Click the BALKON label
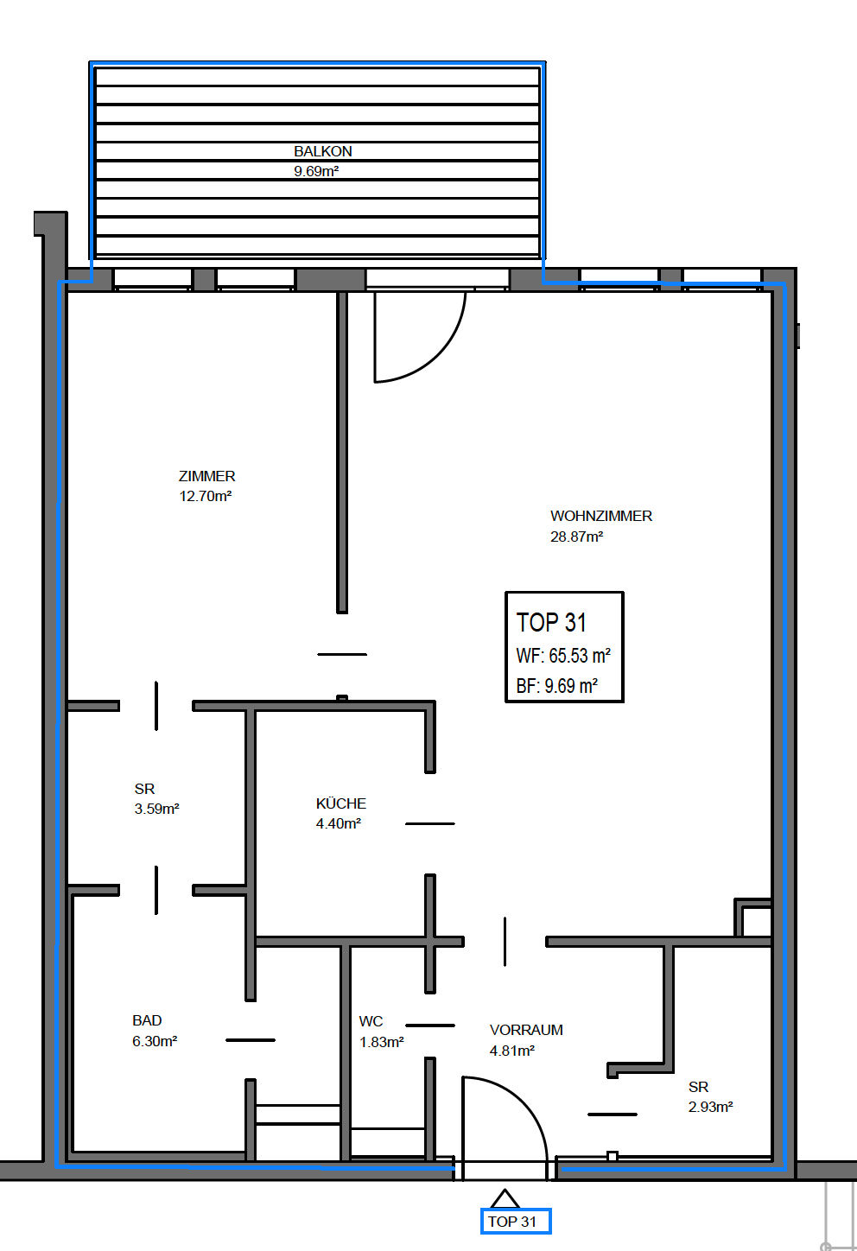click(x=323, y=151)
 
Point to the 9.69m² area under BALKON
click(x=316, y=171)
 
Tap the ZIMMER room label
click(x=206, y=476)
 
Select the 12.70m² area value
click(x=205, y=496)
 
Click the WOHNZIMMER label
click(x=601, y=516)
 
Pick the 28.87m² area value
click(x=577, y=537)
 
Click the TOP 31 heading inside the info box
click(x=551, y=623)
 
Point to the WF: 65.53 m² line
click(x=563, y=656)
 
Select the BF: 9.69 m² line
click(x=557, y=686)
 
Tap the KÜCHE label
click(x=341, y=803)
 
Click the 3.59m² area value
click(x=156, y=809)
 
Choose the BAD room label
click(x=147, y=1020)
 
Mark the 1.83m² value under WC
click(x=381, y=1042)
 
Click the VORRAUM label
click(x=526, y=1030)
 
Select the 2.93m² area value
click(x=710, y=1107)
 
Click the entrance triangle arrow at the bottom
click(x=505, y=1198)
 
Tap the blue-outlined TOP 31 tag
click(x=516, y=1222)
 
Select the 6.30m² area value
click(x=155, y=1042)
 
